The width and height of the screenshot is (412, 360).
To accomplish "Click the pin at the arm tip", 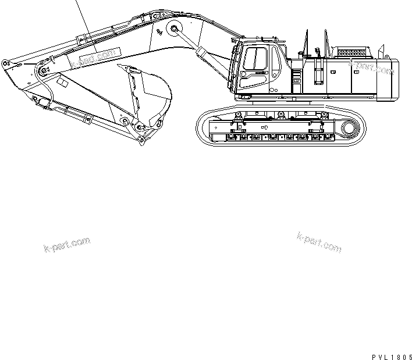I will point(6,62).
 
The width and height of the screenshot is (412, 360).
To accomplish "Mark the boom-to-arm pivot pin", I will point(41,70).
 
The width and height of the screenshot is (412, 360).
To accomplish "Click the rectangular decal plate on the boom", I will point(93,56).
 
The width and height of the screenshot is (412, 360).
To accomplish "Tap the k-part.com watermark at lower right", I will point(319,243).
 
